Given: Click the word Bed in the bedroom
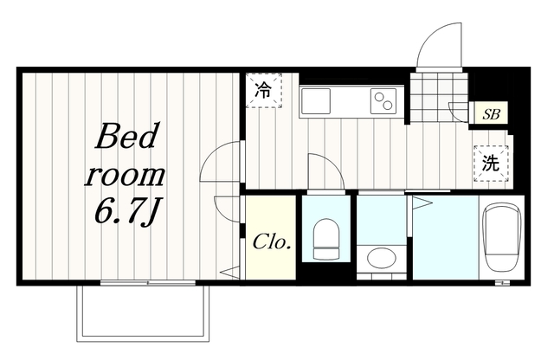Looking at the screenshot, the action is (x=126, y=136).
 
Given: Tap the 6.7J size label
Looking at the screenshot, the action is (x=126, y=213).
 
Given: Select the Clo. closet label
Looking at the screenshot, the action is (x=272, y=242).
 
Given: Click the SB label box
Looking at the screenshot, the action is (x=491, y=113).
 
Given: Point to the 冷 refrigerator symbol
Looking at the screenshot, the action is (x=263, y=91).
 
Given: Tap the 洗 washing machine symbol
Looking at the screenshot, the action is (x=491, y=164).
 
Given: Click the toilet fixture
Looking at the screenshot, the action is (x=326, y=239).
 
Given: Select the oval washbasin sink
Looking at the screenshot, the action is (x=381, y=258).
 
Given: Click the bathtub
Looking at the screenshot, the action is (x=502, y=237).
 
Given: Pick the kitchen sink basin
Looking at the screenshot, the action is (x=315, y=100).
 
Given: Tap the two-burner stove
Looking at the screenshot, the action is (x=383, y=100).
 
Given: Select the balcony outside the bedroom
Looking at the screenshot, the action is (x=143, y=313).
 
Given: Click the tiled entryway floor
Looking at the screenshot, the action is (x=439, y=97).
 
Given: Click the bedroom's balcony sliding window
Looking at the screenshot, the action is (x=148, y=283).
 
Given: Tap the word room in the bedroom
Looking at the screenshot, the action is (x=125, y=175).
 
